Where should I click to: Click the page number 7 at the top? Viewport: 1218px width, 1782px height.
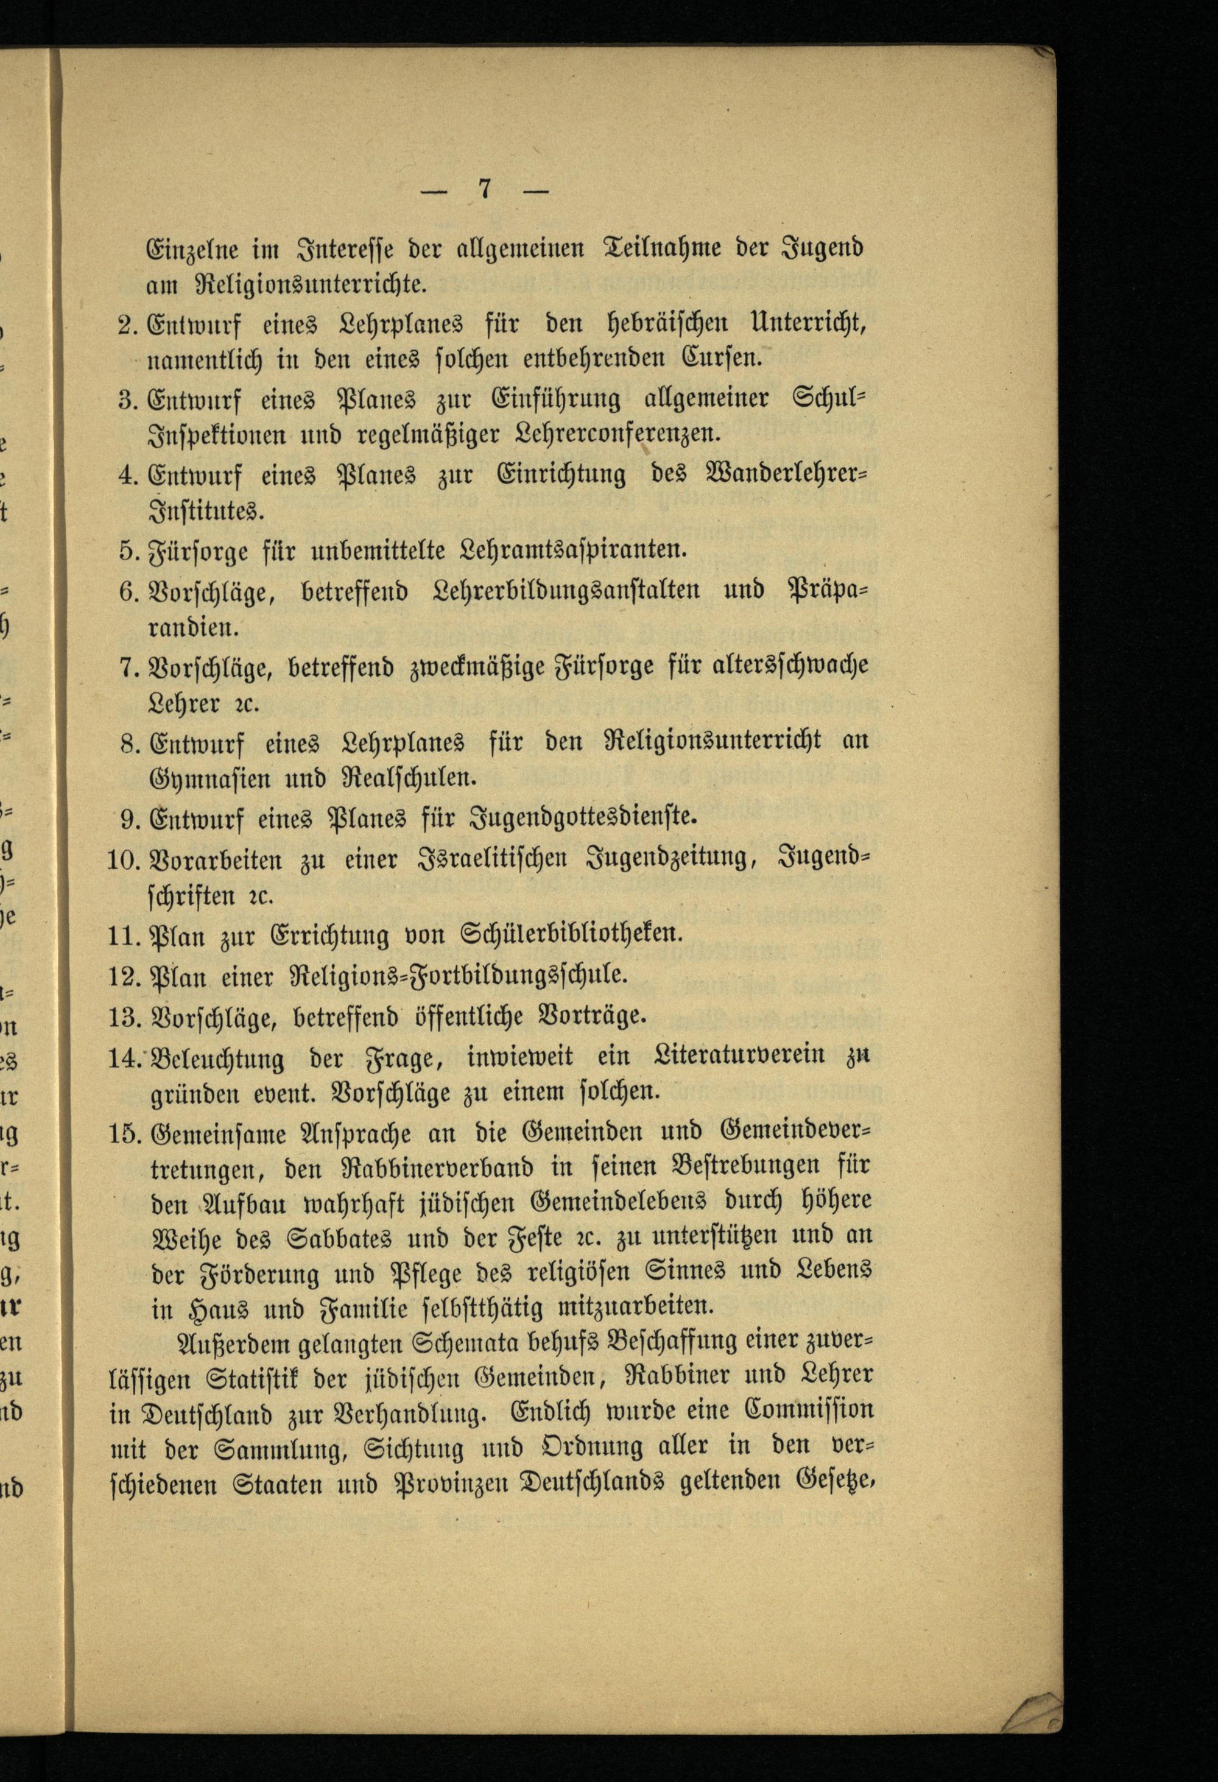[484, 189]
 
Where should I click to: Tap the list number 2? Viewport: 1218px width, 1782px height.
[127, 325]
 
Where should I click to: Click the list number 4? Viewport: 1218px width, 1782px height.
[127, 474]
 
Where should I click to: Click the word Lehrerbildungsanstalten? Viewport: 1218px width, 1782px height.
[566, 591]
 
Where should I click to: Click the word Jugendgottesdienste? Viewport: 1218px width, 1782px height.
[583, 818]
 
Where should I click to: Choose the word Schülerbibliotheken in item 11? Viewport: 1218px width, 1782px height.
[570, 935]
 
